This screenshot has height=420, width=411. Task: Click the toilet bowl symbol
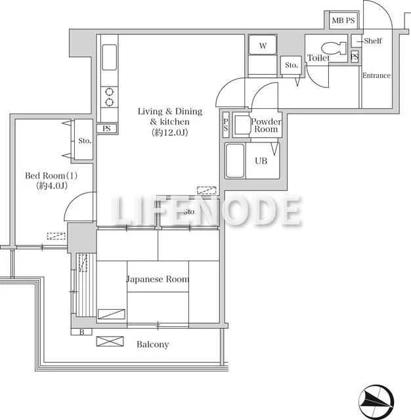[332, 49]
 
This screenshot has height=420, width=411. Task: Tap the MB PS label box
[343, 20]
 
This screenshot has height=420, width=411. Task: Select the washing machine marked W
[263, 45]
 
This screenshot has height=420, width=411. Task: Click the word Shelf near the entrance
[373, 41]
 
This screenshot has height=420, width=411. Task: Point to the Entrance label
[376, 75]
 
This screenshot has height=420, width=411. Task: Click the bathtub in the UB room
[235, 161]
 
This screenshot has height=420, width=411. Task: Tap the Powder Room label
[266, 125]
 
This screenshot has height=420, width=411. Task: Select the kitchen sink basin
[109, 57]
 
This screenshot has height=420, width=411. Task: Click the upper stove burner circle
[109, 92]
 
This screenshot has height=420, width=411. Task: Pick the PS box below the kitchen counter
[106, 129]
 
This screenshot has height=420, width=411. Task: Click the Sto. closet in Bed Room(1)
[83, 140]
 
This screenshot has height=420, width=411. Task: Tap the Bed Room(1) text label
[51, 176]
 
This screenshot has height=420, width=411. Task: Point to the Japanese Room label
[158, 279]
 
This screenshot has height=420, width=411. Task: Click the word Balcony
[153, 344]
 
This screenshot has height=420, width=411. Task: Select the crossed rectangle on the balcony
[110, 341]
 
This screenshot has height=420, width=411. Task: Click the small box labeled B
[81, 332]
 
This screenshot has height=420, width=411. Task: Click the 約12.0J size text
[169, 133]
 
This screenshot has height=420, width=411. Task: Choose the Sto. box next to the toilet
[291, 65]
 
